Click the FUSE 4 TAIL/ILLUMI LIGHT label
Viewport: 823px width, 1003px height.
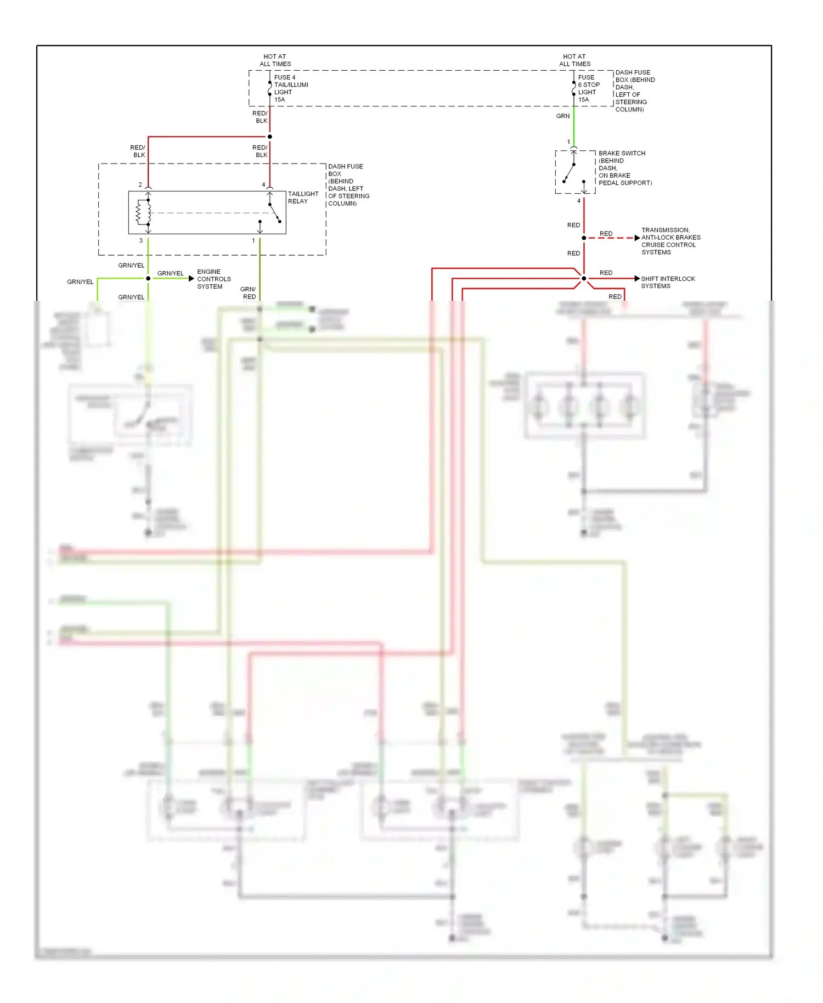point(291,88)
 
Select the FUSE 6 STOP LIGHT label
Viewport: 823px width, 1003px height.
point(589,88)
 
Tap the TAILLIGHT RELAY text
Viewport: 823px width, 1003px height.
point(303,198)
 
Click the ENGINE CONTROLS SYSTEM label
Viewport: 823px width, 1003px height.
point(213,279)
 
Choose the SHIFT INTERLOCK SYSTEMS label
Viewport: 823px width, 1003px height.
point(667,282)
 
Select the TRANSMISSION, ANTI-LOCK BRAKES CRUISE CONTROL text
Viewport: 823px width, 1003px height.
point(670,241)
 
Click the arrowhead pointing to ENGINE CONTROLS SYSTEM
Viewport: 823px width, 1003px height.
point(191,279)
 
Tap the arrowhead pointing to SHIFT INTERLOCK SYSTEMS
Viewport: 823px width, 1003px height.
point(636,279)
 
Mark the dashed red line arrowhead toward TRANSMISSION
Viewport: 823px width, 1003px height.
point(636,238)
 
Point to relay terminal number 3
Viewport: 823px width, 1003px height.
point(141,241)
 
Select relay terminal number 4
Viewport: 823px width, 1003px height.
point(263,185)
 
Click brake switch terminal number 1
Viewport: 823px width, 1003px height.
point(568,142)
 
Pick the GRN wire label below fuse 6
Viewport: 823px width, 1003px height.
point(563,116)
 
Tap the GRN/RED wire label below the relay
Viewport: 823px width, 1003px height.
point(249,293)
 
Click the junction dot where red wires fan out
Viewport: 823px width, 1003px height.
point(584,279)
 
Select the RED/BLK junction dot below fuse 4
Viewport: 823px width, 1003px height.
point(269,137)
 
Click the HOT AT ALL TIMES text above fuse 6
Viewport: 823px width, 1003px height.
point(574,60)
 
